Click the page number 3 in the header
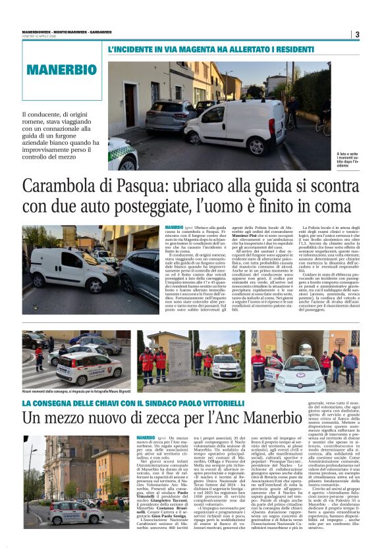[x=357, y=34]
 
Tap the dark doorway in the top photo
[x=129, y=105]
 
